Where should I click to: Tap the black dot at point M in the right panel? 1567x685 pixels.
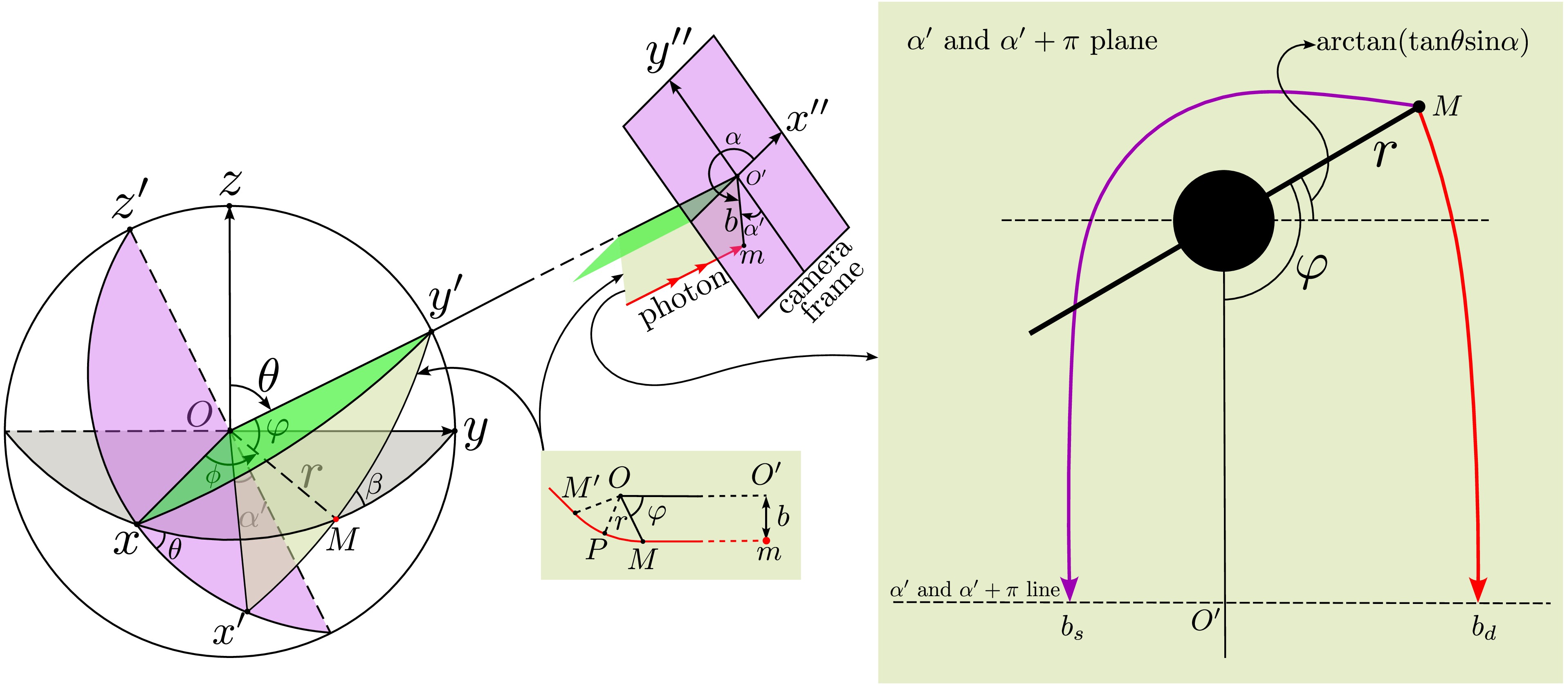(x=1419, y=106)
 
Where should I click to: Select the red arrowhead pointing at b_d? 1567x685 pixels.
(x=1478, y=589)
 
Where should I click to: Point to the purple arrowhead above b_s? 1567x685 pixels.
(x=1069, y=589)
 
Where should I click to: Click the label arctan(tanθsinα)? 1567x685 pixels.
(x=1423, y=42)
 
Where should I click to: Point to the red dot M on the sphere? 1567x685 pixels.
(x=335, y=519)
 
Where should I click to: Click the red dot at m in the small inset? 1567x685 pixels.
(x=766, y=540)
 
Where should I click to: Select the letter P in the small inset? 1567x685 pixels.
(x=596, y=550)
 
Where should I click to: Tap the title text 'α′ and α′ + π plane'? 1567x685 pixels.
(x=1032, y=41)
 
